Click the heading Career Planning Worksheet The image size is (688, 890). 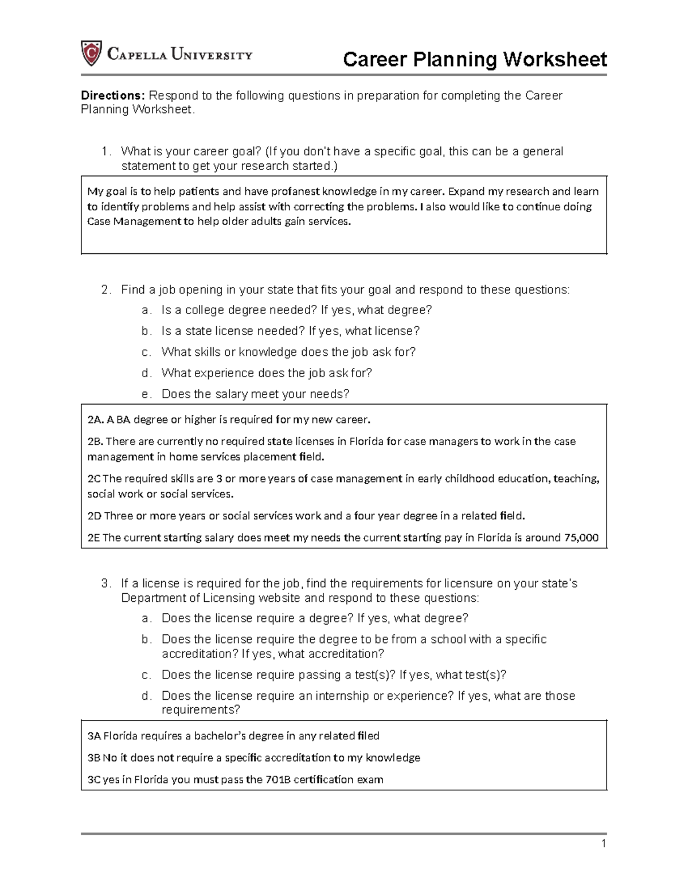[474, 60]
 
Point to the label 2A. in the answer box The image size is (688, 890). [95, 420]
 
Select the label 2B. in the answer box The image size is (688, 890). [95, 442]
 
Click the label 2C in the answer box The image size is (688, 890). [93, 479]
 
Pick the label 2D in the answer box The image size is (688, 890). [94, 516]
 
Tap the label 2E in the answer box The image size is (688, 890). [93, 538]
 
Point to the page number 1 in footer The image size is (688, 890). [603, 844]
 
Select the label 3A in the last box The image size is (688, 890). [93, 736]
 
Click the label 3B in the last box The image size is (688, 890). [93, 758]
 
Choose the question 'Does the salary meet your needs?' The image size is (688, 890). [255, 394]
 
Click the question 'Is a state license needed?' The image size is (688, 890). [233, 331]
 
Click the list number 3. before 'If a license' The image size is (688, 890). [105, 584]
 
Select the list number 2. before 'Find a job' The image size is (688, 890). [105, 290]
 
